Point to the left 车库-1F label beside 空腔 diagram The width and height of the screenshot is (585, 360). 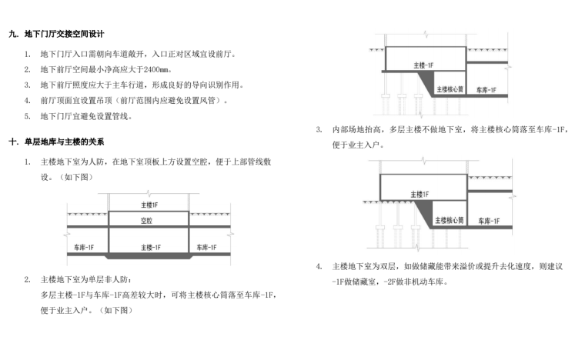[84, 247]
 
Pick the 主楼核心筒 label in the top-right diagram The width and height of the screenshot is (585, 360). [450, 89]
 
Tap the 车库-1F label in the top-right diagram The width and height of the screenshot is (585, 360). [486, 89]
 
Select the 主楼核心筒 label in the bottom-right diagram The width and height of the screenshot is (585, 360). [450, 219]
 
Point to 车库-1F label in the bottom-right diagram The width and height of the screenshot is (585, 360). [486, 219]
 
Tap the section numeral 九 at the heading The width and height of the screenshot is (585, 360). [12, 35]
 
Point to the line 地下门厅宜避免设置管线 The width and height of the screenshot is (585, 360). [86, 116]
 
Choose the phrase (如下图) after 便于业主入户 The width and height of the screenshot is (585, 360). [114, 310]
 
